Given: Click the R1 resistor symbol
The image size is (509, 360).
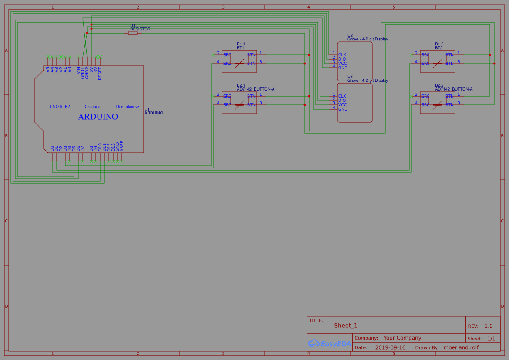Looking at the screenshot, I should coord(133,33).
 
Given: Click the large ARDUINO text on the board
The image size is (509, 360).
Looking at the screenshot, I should coord(98,117).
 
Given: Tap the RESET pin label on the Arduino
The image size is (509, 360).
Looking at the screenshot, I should coord(100,73).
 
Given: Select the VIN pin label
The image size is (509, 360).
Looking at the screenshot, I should coord(78,71).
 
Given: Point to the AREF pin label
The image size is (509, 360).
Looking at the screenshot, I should coord(122,146).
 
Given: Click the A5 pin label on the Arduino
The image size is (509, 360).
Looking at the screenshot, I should coord(48,69).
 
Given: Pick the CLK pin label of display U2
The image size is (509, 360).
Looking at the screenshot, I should coord(342,54).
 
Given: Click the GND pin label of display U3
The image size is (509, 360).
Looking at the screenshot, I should coord(343,109).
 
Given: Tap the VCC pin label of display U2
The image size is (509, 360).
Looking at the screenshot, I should coord(343,63).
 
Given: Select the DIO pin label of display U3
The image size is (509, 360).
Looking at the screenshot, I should coord(342,100).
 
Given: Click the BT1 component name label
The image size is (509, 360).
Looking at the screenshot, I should coord(241,48).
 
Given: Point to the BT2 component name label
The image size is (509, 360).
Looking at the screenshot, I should coord(439,48).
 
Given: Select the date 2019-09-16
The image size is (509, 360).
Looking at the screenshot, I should coord(390,347).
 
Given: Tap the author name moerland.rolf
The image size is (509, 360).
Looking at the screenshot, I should coord(461,347).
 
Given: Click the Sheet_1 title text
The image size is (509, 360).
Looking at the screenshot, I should coord(346,326).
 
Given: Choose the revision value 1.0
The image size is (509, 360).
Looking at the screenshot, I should coord(489,326).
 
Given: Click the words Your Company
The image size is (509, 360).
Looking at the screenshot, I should coord(402,338).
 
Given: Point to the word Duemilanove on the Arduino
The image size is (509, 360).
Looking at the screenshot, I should coord(128,106).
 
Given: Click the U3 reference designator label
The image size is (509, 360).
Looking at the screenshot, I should coord(350,76).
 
